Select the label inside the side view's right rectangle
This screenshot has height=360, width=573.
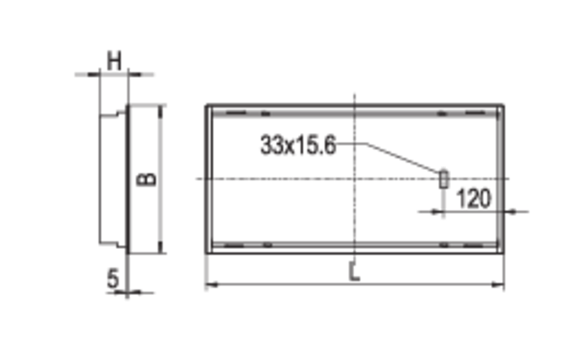(x=143, y=180)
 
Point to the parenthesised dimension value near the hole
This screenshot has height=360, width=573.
(x=473, y=196)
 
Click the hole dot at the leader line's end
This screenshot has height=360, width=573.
(x=443, y=170)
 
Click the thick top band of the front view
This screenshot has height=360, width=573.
(x=355, y=110)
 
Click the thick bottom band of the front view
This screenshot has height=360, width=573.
(x=355, y=247)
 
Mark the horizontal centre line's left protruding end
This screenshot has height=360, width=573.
(x=199, y=179)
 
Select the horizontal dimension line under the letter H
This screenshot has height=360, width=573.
(x=115, y=73)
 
